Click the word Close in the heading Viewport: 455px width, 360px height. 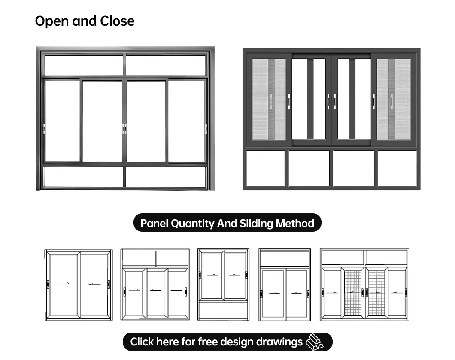[x=117, y=21]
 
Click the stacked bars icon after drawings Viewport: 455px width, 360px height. [x=314, y=342]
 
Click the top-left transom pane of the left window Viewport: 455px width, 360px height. [x=84, y=65]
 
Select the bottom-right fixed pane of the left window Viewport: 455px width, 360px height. [x=166, y=177]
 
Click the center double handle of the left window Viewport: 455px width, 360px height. [x=124, y=129]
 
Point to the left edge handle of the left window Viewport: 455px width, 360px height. [x=44, y=129]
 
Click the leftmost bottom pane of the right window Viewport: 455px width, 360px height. [x=266, y=168]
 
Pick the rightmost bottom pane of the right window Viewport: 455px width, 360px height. [x=397, y=168]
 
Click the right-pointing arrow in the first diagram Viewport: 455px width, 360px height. [x=64, y=283]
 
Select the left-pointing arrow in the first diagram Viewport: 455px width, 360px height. [x=94, y=284]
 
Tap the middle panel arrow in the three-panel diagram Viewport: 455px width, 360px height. [x=155, y=290]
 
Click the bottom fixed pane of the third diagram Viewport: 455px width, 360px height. [x=223, y=309]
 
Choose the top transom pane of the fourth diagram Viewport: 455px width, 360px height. [x=284, y=259]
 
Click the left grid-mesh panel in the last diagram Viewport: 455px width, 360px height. [x=353, y=292]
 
